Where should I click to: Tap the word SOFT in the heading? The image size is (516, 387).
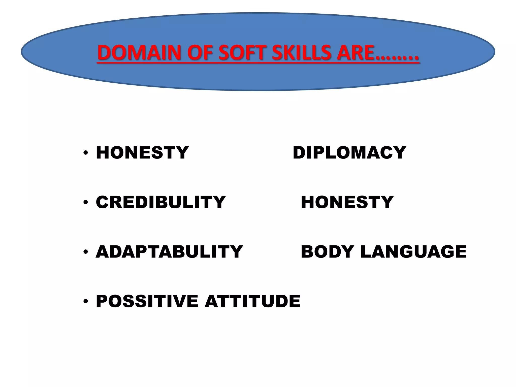(240, 53)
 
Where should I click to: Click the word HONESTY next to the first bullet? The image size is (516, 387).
(142, 153)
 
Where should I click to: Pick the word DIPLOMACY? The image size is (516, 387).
(349, 153)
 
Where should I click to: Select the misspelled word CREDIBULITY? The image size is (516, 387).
(161, 202)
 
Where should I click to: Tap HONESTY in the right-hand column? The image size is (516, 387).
(347, 202)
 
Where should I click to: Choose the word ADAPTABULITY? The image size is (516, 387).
(169, 252)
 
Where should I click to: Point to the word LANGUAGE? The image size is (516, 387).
(413, 252)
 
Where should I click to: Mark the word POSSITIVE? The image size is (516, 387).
(147, 301)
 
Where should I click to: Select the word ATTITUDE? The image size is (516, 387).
(252, 301)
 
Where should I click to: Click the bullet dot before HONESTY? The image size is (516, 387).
(86, 153)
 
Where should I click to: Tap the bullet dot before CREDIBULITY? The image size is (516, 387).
(86, 203)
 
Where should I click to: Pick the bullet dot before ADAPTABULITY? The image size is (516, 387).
(86, 252)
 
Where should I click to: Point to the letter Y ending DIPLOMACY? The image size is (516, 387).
(399, 153)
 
